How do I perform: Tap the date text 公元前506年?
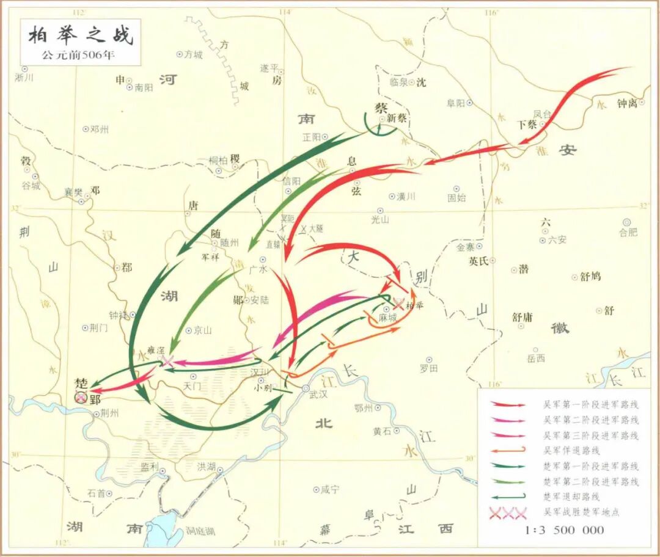78,55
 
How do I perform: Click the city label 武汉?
318,395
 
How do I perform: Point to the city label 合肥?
628,232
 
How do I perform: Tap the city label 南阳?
144,87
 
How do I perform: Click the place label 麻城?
387,318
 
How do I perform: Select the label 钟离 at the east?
627,103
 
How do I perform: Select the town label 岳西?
536,358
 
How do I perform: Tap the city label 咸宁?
329,489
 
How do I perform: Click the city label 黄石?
382,431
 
